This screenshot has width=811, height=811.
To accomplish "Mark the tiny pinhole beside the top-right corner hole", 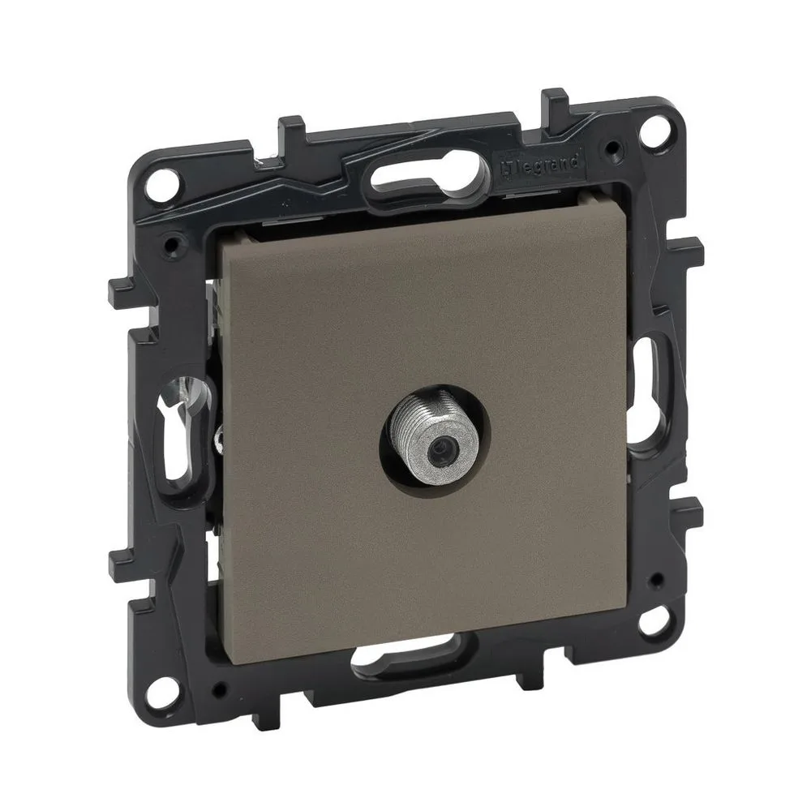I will click(620, 147).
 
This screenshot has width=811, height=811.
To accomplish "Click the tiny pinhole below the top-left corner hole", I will click(170, 242).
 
